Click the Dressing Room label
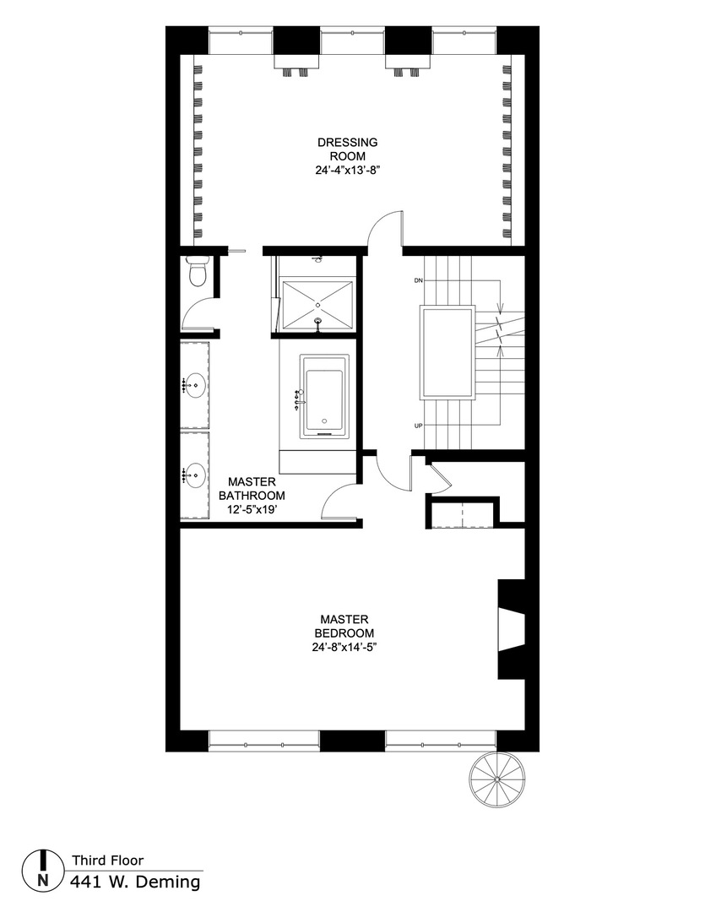point(347,149)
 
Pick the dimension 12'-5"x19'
point(251,510)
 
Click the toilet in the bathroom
point(198,273)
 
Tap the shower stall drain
point(317,302)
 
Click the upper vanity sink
point(196,388)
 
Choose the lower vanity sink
point(196,475)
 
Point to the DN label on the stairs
point(418,280)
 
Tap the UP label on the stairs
point(418,425)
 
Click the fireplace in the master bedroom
point(512,629)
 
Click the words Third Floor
point(107,860)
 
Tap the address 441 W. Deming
point(135,882)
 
